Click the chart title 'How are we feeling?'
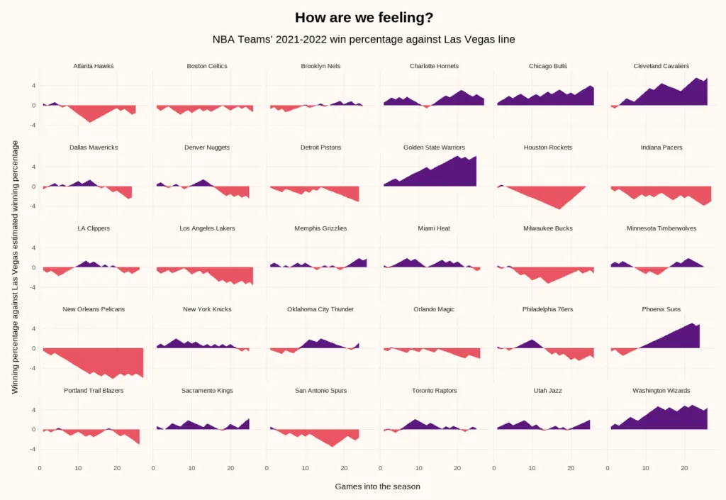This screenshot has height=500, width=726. (x=363, y=18)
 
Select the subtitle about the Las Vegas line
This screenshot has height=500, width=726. (x=363, y=40)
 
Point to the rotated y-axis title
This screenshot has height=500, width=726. (x=15, y=267)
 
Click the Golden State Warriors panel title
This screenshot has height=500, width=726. (x=434, y=148)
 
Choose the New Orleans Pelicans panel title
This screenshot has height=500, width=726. (x=94, y=309)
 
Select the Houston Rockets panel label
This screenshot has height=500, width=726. (x=547, y=148)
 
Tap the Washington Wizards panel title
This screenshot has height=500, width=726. (x=661, y=391)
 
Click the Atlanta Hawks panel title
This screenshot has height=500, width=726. (x=94, y=66)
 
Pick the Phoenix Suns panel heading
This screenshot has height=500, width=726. (x=661, y=309)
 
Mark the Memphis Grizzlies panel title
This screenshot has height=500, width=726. (x=320, y=228)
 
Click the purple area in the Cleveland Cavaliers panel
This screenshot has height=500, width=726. (x=674, y=96)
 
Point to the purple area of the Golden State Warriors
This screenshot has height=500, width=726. (x=447, y=174)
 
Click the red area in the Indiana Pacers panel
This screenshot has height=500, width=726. (x=659, y=191)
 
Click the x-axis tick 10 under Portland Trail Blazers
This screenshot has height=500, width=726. (x=78, y=468)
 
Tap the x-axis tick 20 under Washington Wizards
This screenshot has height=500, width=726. (x=684, y=468)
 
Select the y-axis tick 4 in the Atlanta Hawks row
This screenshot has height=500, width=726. (x=33, y=85)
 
